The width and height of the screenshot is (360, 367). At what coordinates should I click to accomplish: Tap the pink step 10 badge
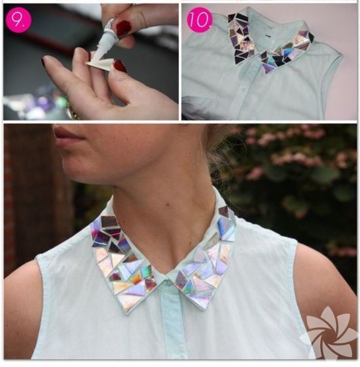point(200,20)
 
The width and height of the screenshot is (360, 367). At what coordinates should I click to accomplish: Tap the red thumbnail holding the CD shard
point(119,66)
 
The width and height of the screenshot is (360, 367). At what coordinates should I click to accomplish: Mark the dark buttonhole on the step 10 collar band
point(266,36)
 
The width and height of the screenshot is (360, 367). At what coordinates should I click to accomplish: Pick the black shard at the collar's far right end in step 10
point(311,37)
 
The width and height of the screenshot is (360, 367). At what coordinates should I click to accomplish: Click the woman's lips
point(68,138)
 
